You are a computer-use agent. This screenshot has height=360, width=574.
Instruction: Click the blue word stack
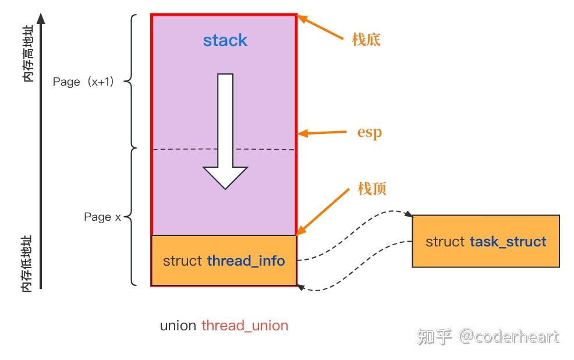click(225, 40)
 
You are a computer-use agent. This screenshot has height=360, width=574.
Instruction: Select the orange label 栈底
click(366, 40)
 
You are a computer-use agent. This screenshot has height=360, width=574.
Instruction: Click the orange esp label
click(369, 132)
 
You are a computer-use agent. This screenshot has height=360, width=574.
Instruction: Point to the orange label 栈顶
click(372, 188)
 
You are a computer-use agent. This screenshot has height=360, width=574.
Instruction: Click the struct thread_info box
click(224, 260)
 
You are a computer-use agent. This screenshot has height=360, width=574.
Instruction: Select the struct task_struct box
click(486, 241)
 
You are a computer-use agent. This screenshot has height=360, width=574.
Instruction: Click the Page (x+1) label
click(83, 82)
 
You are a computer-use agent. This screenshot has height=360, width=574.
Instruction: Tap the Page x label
click(102, 217)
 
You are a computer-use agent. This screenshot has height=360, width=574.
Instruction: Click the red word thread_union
click(245, 325)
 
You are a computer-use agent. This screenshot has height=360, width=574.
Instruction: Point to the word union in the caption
click(178, 325)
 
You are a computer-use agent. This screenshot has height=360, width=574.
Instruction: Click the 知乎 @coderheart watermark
click(488, 337)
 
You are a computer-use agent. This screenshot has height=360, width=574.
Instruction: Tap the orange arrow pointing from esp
click(323, 133)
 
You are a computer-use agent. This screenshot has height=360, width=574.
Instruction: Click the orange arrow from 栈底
click(321, 27)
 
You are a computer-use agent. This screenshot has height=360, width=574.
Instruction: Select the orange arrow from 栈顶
click(326, 213)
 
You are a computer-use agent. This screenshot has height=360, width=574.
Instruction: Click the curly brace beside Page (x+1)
click(132, 82)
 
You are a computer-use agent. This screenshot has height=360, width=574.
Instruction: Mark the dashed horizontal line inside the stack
click(224, 150)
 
